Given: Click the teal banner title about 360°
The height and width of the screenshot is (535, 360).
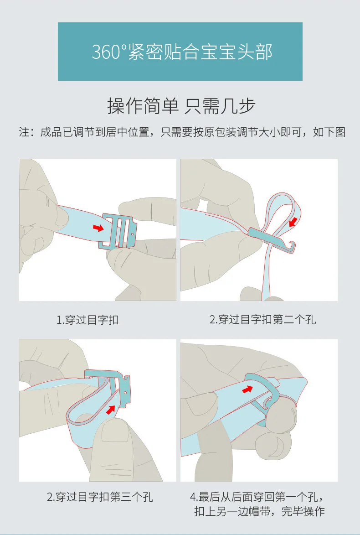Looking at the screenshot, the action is [182, 52].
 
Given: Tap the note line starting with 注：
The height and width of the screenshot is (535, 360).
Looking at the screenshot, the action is [182, 132].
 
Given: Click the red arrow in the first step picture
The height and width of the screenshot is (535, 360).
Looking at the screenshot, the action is [98, 228].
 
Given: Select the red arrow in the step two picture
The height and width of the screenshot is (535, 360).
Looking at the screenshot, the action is [293, 222].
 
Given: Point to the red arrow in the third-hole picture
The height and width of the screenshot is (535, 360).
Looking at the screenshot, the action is [110, 409].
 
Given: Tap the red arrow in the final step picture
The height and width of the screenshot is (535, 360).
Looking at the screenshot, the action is [247, 389].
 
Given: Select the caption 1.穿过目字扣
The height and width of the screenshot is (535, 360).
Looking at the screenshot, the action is [87, 320].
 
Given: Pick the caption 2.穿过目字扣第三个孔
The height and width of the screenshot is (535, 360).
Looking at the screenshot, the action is [100, 496].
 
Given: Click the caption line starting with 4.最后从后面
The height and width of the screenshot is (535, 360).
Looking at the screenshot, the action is [257, 497].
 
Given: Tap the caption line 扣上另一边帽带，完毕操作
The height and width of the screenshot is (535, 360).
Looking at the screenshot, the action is [259, 511].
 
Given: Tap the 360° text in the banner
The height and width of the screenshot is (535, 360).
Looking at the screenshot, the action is [109, 52].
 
